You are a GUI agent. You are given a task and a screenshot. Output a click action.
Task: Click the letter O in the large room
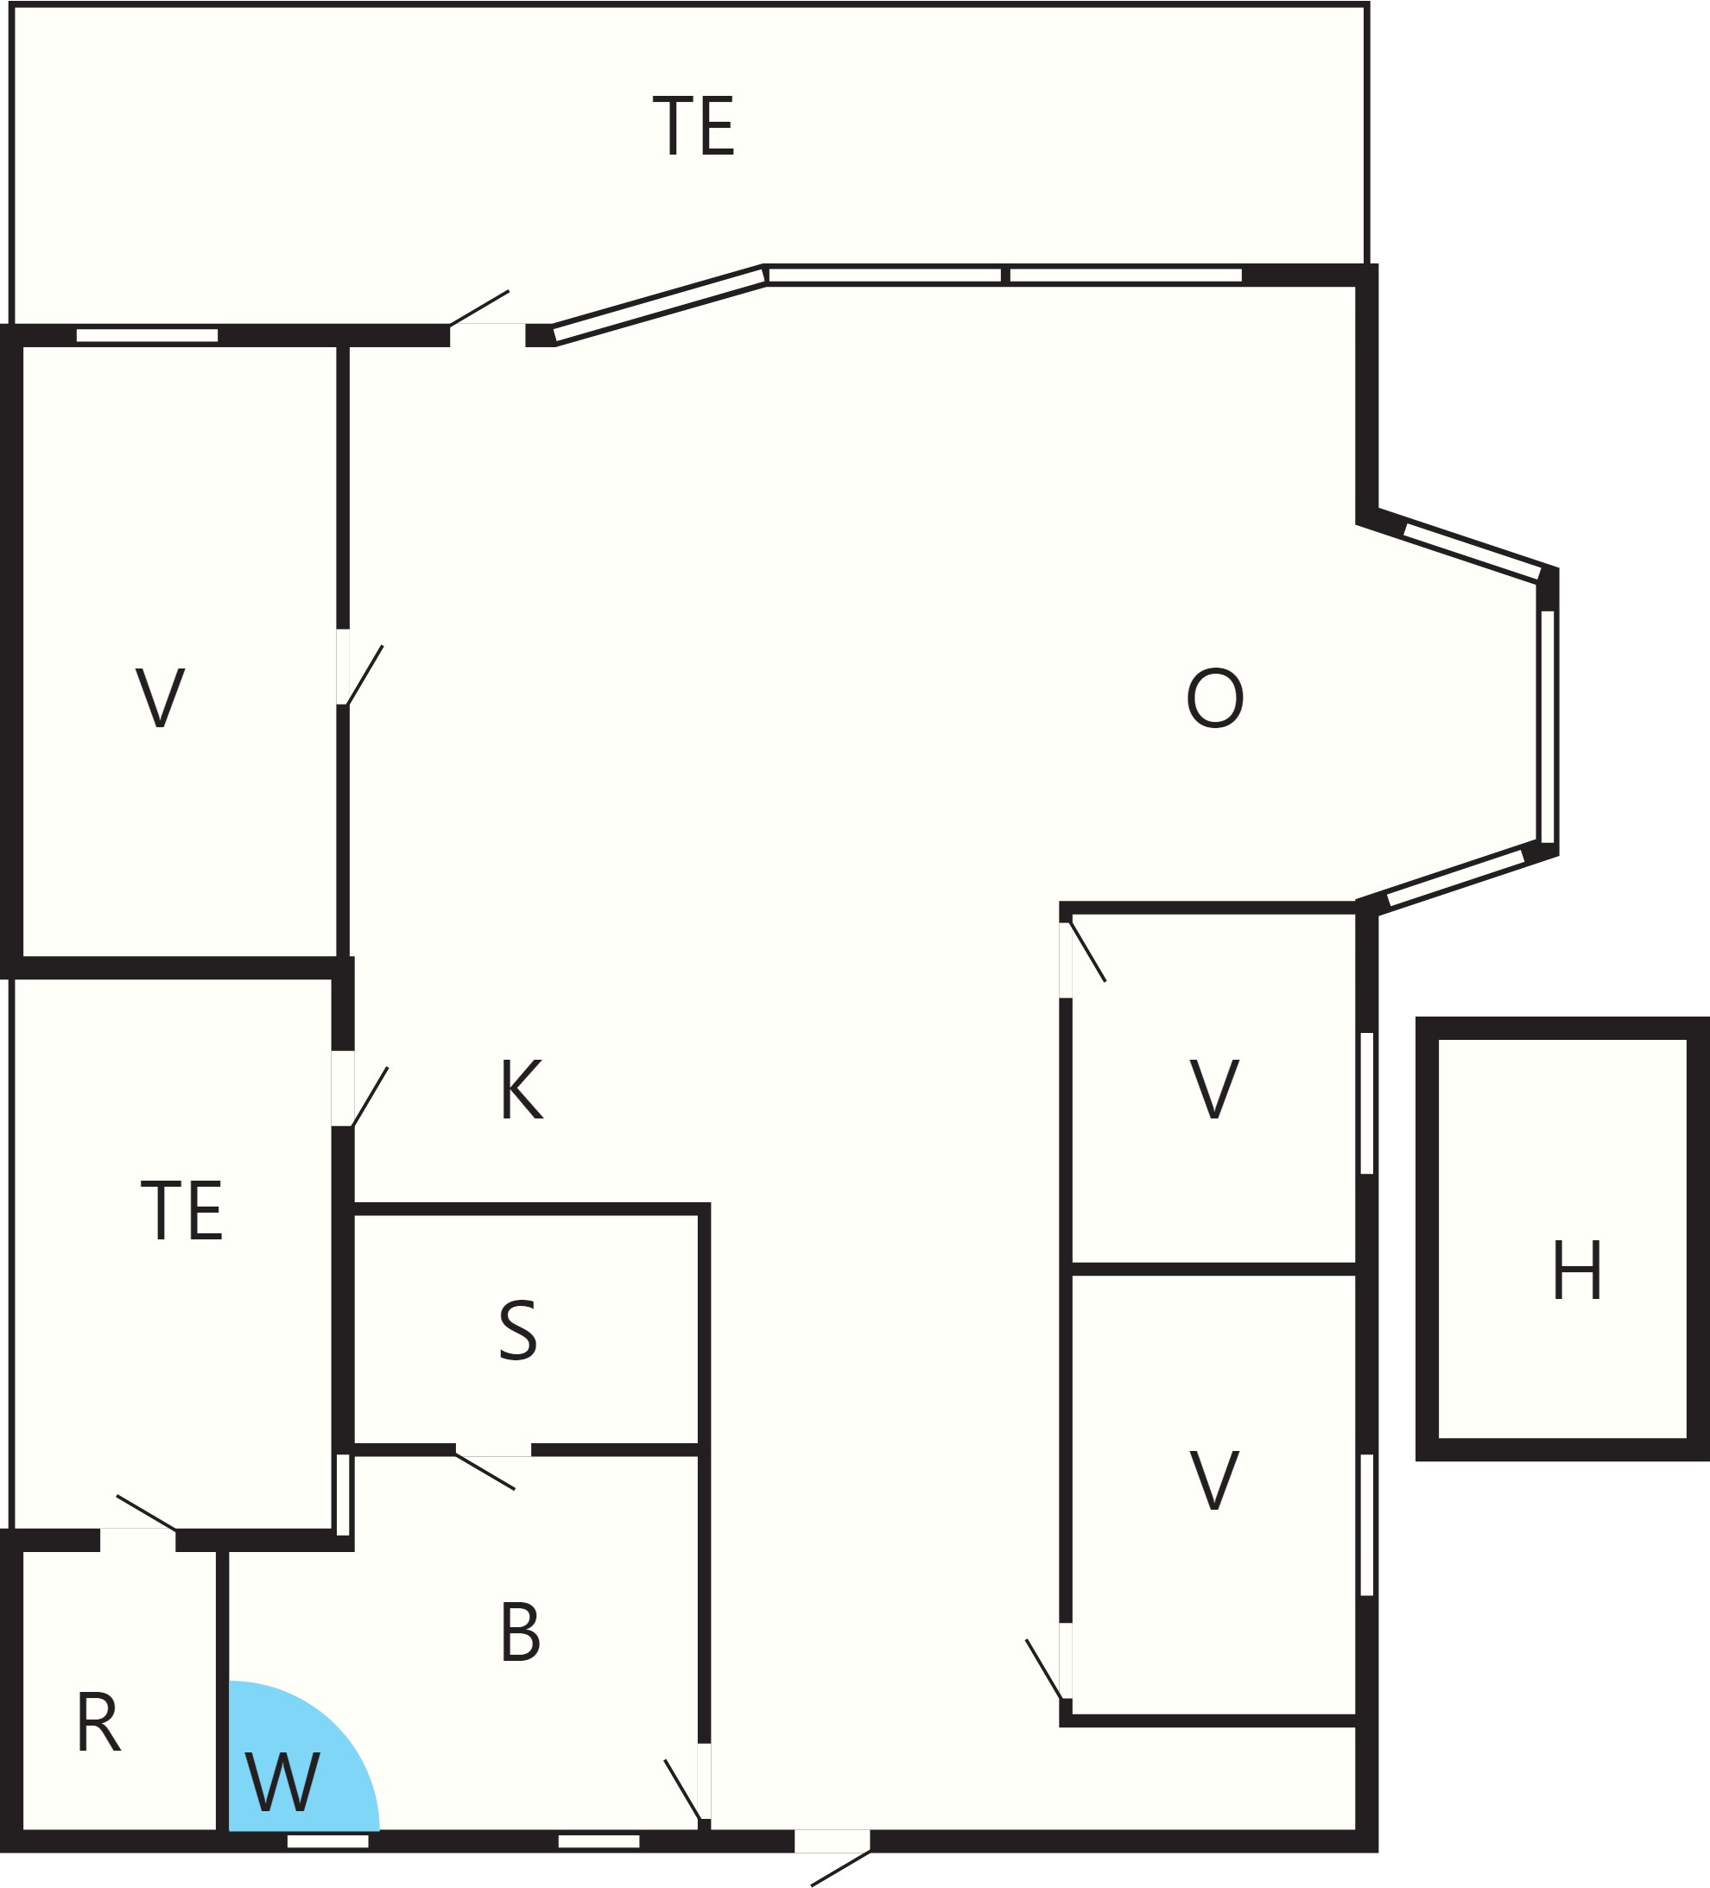click(1214, 698)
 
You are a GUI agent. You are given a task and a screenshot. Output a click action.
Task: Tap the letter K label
click(522, 1089)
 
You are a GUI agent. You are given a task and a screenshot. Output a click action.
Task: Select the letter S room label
click(518, 1330)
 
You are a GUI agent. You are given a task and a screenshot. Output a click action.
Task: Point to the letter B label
click(521, 1631)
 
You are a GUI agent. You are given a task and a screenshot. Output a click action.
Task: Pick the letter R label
click(98, 1721)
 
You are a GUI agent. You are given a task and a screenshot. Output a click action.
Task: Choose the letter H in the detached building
click(1577, 1269)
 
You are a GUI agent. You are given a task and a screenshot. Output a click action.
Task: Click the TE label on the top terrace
click(693, 125)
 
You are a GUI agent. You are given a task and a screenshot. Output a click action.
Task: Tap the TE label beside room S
click(181, 1209)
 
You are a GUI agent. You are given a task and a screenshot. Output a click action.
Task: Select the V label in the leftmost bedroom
click(160, 697)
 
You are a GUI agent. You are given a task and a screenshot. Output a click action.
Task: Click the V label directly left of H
click(1214, 1088)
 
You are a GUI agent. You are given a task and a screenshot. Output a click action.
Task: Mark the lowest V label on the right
click(1214, 1479)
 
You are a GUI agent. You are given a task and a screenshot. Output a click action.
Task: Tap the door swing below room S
click(485, 1469)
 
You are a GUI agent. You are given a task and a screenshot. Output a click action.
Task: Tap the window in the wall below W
click(328, 1841)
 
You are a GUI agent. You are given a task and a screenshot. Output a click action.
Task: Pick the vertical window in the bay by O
click(1547, 725)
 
